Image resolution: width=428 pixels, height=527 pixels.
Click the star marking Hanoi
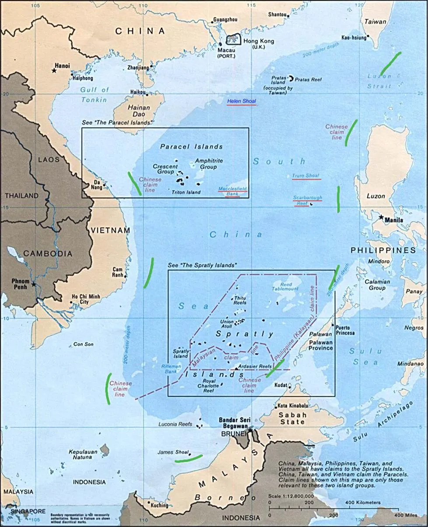coord(54,70)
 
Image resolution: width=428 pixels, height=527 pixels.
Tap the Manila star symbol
coord(381,217)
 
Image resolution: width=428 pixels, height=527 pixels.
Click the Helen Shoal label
coord(241,101)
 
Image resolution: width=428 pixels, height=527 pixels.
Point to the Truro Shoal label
coord(306,176)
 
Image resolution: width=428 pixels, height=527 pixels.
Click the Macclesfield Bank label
coord(233,191)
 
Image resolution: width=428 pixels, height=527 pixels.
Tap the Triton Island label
coord(186,192)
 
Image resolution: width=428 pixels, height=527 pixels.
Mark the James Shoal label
coord(173,452)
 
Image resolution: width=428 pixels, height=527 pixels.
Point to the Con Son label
coord(84,344)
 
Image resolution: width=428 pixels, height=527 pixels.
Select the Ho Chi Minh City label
coord(86,299)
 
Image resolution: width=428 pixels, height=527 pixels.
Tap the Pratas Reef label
coord(308,80)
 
